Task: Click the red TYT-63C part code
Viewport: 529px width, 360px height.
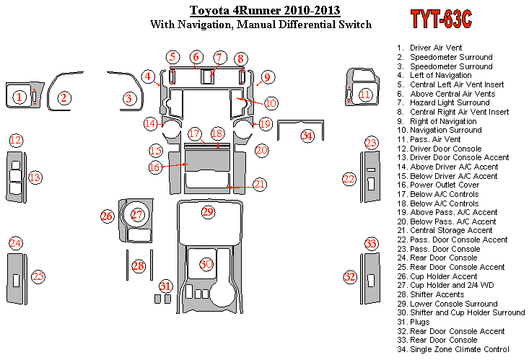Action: [441, 19]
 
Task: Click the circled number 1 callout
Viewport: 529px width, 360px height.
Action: [19, 97]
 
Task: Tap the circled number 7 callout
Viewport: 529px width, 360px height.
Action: [219, 58]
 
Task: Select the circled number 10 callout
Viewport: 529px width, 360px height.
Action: [271, 103]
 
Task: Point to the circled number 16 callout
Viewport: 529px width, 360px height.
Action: [155, 167]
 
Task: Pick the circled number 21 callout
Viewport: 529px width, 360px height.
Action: [259, 184]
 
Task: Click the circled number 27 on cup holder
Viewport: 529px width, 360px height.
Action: [137, 214]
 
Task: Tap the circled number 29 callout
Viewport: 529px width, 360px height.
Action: [208, 212]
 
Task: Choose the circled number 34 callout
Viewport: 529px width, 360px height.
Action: [307, 136]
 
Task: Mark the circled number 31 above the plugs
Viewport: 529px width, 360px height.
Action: [165, 286]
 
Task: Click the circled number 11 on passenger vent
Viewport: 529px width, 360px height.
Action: [365, 95]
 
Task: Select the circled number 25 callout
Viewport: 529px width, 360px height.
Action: [38, 276]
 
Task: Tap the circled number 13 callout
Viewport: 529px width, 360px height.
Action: [35, 177]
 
